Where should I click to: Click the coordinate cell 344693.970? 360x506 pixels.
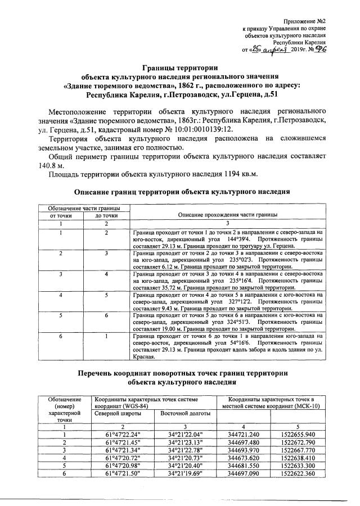244,450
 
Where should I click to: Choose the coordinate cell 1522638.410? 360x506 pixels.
297,458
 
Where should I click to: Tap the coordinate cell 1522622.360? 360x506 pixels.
297,474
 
